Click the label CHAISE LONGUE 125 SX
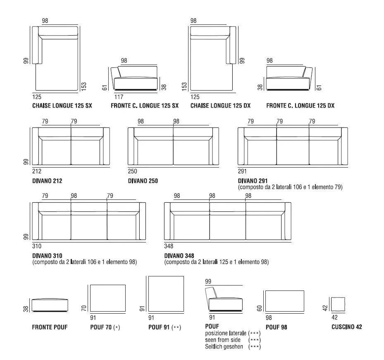click(x=62, y=106)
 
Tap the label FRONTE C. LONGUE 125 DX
click(x=300, y=106)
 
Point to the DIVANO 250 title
click(x=143, y=181)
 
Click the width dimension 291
click(x=243, y=171)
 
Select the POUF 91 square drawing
click(x=166, y=294)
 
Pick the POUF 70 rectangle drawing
click(x=107, y=298)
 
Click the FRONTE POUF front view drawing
click(x=50, y=305)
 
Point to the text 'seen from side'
click(x=223, y=340)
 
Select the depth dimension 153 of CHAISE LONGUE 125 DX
click(x=184, y=86)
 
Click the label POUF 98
click(x=277, y=327)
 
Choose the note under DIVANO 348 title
click(x=216, y=262)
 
